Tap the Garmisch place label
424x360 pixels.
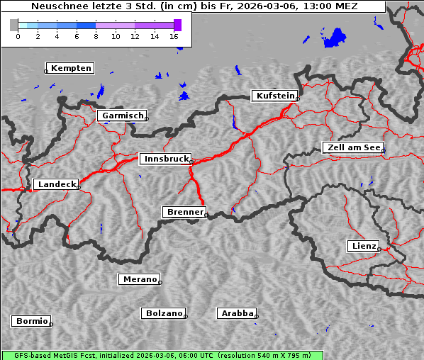coord(123,116)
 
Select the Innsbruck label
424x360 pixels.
coord(166,159)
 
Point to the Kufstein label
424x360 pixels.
coord(275,96)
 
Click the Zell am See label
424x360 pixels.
coord(355,147)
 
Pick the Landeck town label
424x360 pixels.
coord(56,184)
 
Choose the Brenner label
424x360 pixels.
coord(185,212)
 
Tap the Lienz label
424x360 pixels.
coord(364,246)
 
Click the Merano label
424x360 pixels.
coord(140,279)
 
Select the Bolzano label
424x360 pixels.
coord(164,313)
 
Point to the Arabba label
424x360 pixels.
coord(237,313)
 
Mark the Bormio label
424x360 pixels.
coord(32,321)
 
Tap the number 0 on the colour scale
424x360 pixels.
coord(18,35)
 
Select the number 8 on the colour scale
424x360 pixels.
coord(96,35)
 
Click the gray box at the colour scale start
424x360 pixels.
coord(14,25)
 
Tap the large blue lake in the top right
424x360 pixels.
coord(336,38)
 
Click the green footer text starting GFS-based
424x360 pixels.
coord(162,355)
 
